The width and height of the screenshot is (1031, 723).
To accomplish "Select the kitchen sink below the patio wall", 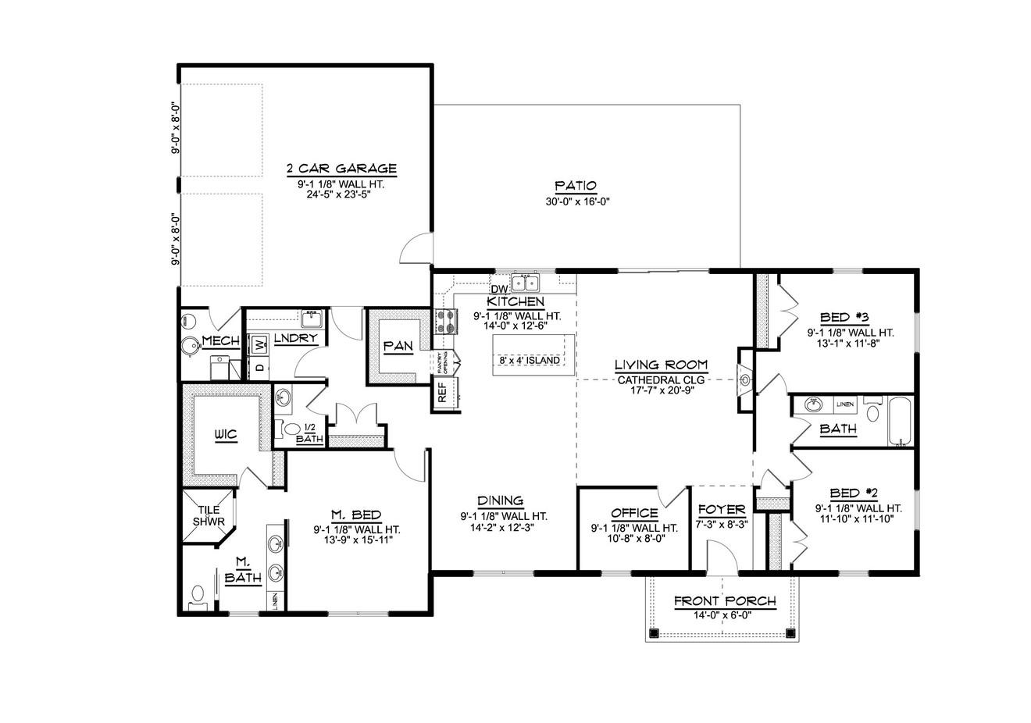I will point(526,282).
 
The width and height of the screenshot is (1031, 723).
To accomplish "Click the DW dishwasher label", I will point(500,290).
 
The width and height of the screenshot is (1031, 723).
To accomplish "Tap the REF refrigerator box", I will point(442,392).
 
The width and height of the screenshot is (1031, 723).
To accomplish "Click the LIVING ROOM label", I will point(661,365).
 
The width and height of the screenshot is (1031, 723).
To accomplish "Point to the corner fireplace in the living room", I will point(744,380).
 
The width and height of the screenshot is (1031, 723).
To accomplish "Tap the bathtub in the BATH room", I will point(901,422).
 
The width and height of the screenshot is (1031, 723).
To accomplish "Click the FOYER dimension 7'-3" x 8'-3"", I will point(722,525).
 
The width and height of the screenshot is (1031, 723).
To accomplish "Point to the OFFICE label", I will point(634,513).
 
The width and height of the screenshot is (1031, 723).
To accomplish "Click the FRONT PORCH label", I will point(724,601).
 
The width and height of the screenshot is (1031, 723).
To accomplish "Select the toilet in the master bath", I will point(197,597).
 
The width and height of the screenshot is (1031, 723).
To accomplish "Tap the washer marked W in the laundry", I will point(259,344).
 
